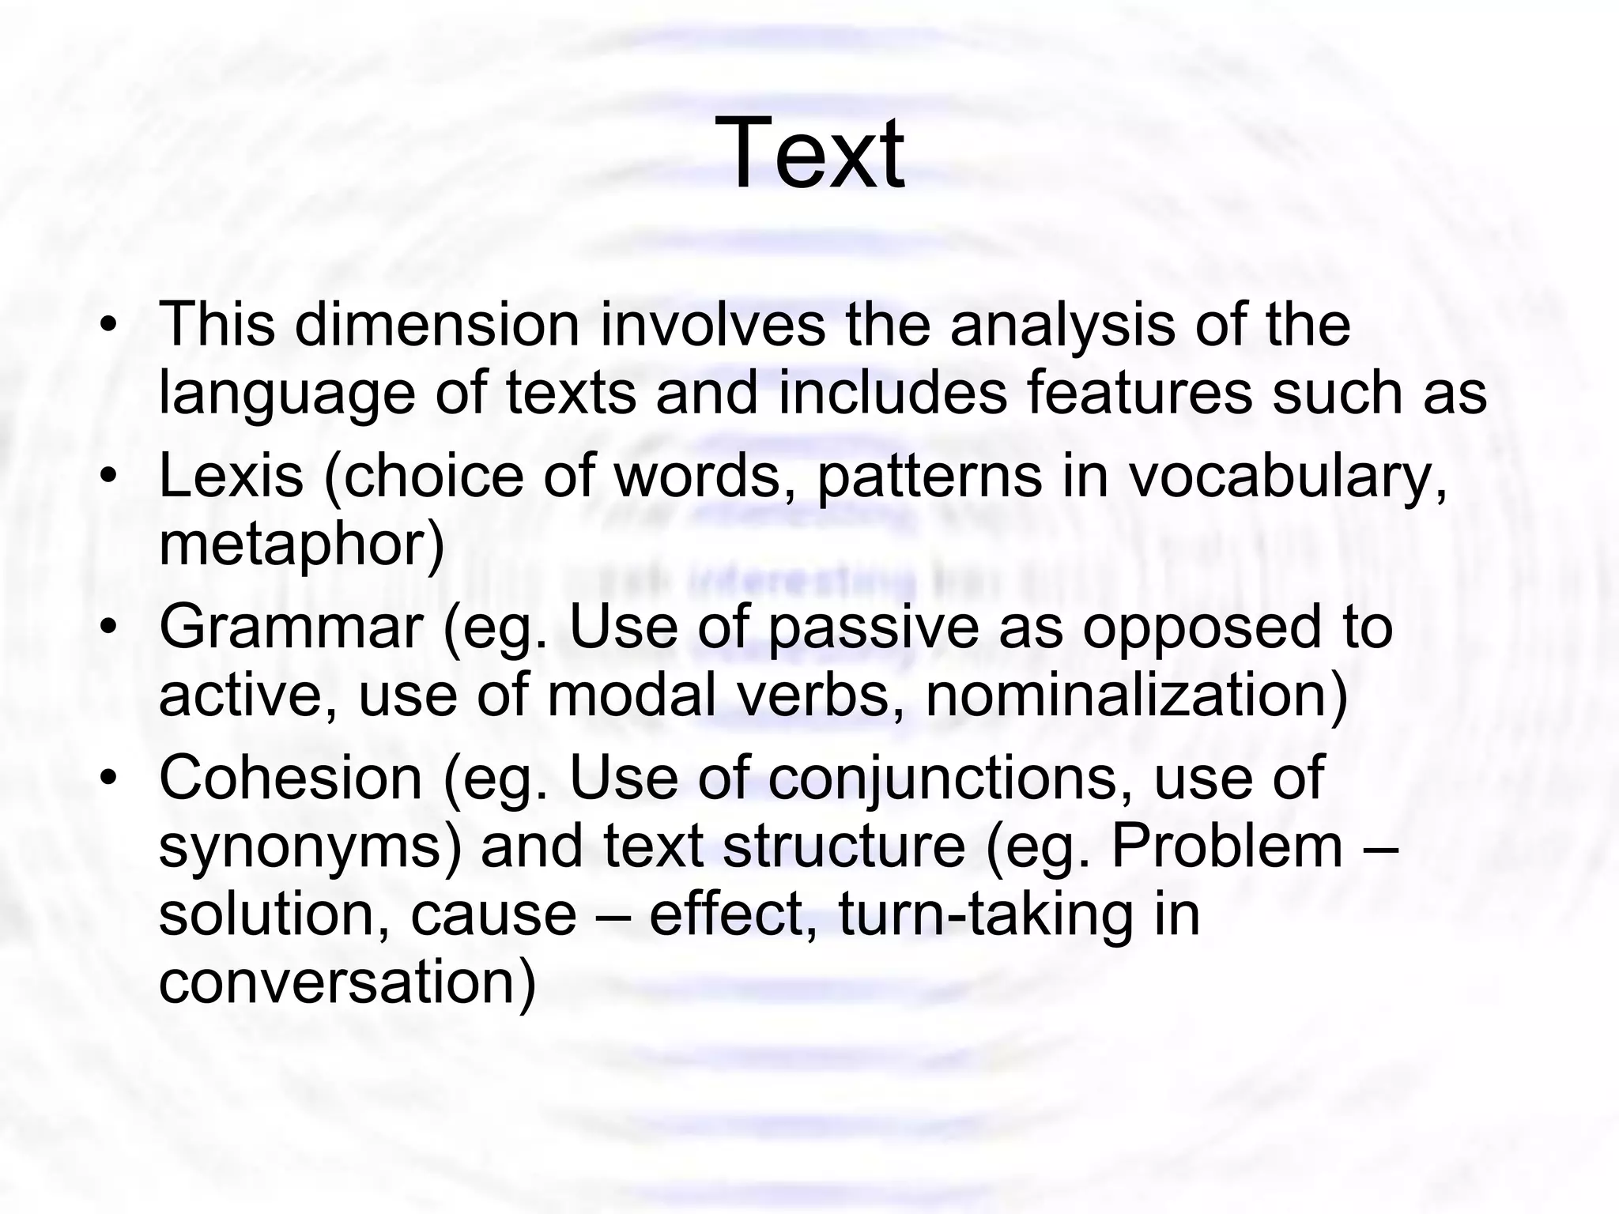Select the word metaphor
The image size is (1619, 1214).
point(301,546)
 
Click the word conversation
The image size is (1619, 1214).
point(347,983)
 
